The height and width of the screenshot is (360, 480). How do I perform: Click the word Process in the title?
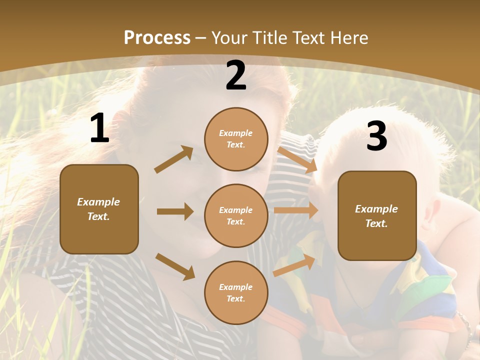tap(157, 38)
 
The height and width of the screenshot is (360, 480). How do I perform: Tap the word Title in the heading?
tap(268, 38)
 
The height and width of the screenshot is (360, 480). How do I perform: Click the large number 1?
tap(99, 128)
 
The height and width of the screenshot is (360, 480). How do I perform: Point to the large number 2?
tap(236, 76)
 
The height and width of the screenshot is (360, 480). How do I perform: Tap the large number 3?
tap(376, 136)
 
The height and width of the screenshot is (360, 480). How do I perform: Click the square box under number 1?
tap(99, 209)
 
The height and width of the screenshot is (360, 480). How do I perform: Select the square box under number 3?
tap(377, 215)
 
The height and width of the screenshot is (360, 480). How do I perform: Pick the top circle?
tap(236, 139)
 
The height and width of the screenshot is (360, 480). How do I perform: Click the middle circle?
tap(236, 215)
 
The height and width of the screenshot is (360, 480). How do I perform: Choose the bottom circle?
tap(236, 292)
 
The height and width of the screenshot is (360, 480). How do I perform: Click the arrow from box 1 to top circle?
tap(173, 159)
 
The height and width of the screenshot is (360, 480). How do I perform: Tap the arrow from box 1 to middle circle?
tap(175, 211)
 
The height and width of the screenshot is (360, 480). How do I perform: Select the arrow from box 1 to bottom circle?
tap(175, 266)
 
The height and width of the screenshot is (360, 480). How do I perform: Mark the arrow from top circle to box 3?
tap(297, 159)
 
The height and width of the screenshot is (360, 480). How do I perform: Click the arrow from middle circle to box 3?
tap(296, 210)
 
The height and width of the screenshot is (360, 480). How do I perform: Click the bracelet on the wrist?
tap(465, 325)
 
